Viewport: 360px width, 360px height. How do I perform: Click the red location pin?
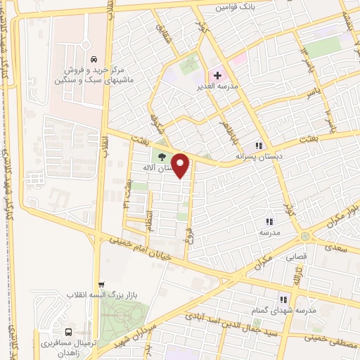pos(181,166)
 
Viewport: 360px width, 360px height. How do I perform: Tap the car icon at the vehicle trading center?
pos(94,60)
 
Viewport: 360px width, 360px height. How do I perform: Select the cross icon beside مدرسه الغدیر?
pos(217,75)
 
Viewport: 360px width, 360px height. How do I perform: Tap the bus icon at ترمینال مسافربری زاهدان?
pos(67,333)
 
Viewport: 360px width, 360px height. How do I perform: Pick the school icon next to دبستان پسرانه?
pos(259,146)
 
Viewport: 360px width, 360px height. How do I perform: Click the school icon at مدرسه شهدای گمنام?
pos(283,299)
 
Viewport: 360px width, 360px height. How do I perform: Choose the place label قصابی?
pos(296,257)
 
